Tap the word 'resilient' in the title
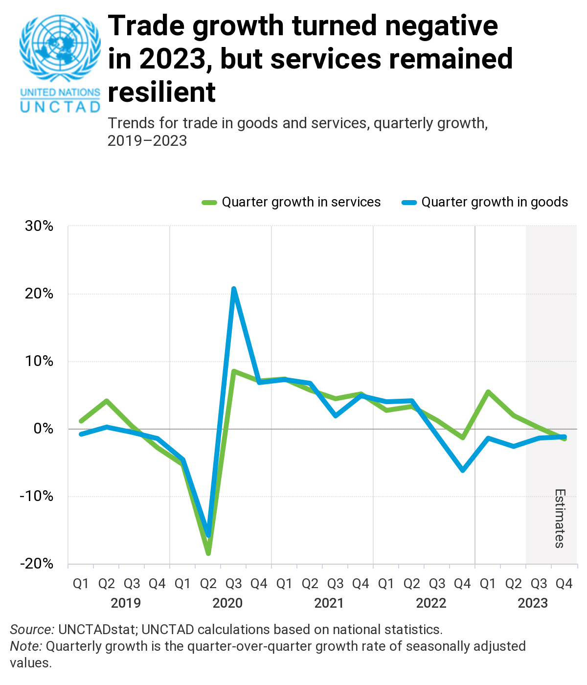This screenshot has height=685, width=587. click(161, 92)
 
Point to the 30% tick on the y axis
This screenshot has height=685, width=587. click(39, 226)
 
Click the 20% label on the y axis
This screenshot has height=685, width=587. click(39, 294)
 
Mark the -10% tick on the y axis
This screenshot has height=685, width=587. click(37, 496)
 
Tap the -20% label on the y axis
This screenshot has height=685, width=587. click(37, 564)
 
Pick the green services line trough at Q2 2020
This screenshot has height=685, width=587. click(208, 553)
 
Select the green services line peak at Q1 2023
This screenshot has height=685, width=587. click(488, 392)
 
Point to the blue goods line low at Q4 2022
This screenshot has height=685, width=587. click(462, 470)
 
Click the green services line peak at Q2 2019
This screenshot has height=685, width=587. click(107, 401)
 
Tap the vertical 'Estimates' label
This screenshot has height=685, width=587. click(560, 518)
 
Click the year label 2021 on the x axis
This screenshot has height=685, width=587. click(329, 603)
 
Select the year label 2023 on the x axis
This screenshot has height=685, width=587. click(533, 603)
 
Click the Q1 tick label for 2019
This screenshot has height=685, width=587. click(81, 584)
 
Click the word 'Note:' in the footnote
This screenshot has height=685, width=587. click(26, 646)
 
